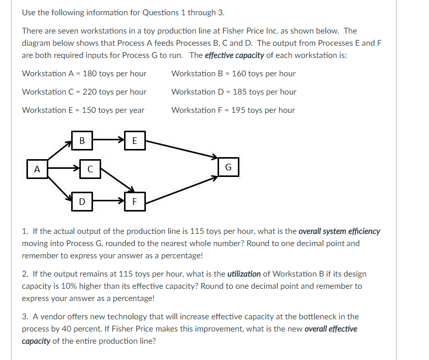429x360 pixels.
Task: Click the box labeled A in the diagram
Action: click(37, 169)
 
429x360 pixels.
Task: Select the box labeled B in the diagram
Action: click(81, 141)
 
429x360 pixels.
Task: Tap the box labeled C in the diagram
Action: click(89, 169)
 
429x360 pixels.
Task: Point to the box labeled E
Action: click(134, 141)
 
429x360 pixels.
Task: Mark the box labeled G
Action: click(228, 167)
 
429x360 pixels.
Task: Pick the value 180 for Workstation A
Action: click(90, 74)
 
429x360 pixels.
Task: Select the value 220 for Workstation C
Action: click(90, 92)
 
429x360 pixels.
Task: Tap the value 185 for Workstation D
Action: click(240, 92)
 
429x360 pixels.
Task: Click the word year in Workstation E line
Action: click(136, 110)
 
